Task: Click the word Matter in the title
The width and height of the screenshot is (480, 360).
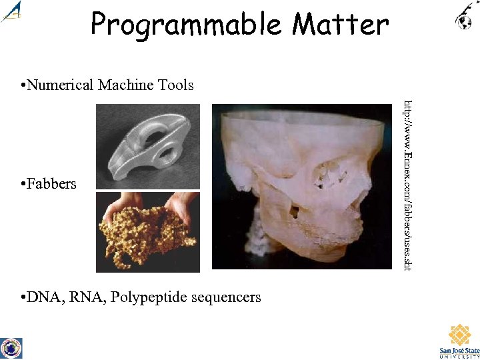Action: [340, 25]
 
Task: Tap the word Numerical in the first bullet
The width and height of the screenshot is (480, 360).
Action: [63, 85]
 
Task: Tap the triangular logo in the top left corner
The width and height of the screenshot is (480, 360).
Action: [12, 12]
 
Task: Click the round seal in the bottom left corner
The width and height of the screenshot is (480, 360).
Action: [11, 348]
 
